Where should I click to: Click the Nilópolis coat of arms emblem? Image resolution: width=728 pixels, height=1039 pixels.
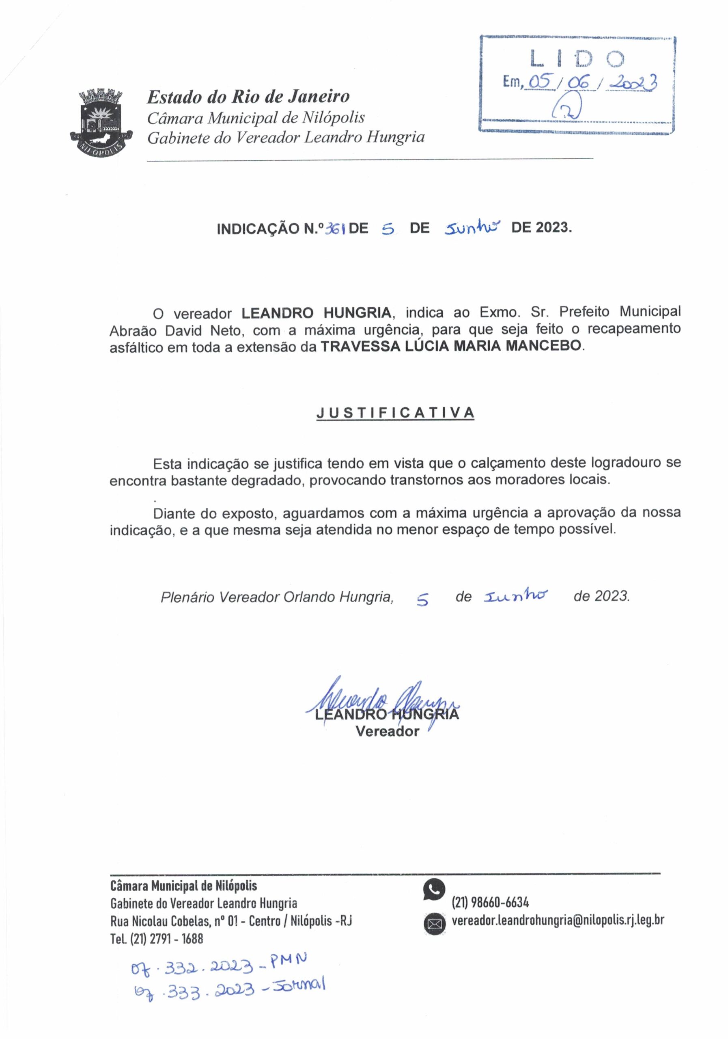[x=101, y=122]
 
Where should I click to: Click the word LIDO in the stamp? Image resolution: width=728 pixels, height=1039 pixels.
[x=577, y=59]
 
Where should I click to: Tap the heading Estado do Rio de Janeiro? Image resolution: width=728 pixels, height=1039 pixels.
[x=248, y=96]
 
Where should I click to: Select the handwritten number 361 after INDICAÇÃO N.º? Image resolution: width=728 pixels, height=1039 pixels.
[x=335, y=229]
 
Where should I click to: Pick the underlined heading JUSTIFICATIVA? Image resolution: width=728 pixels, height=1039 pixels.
[x=395, y=413]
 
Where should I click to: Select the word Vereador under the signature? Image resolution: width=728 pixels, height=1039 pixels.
[x=387, y=731]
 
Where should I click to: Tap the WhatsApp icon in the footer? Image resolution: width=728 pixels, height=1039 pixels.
[x=434, y=889]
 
